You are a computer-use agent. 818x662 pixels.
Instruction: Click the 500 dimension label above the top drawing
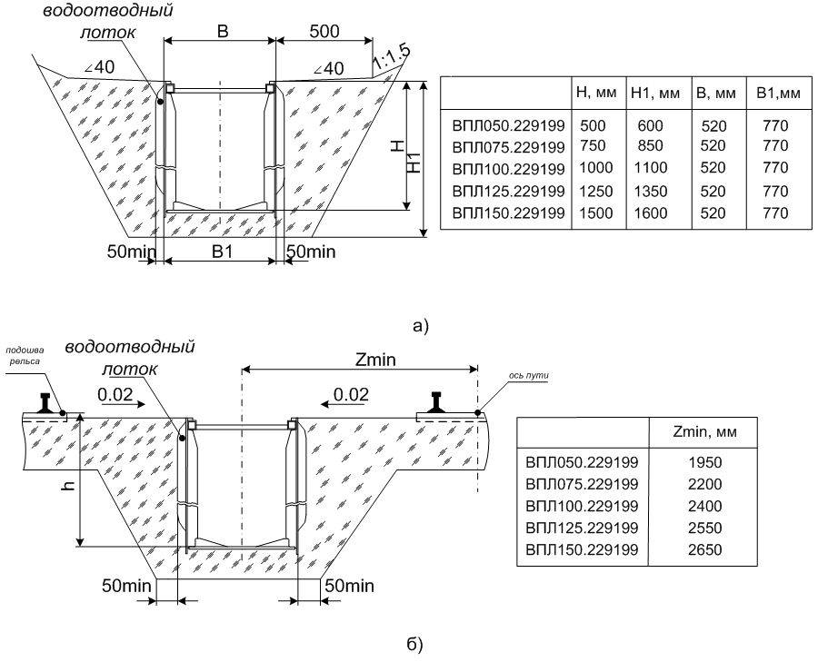click(x=324, y=31)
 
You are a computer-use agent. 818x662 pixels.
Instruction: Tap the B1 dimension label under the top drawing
click(x=221, y=252)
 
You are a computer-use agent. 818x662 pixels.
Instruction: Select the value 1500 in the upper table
click(x=591, y=213)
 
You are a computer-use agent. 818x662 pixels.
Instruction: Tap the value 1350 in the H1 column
click(x=652, y=192)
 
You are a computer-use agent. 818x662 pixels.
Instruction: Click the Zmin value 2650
click(x=704, y=549)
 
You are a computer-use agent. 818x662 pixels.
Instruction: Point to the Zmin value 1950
click(x=704, y=462)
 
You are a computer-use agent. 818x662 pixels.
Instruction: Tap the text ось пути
click(x=528, y=374)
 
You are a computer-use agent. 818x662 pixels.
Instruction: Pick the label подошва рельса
click(x=25, y=355)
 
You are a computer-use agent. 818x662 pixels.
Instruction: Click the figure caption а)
click(x=420, y=325)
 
